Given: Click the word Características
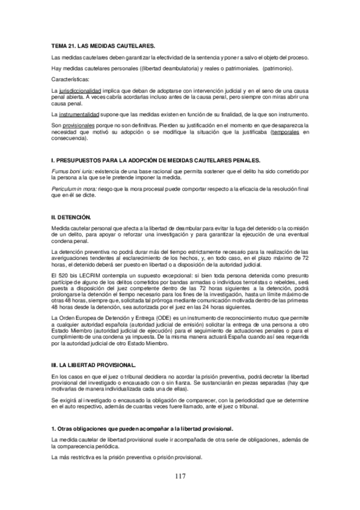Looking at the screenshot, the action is pos(72,79).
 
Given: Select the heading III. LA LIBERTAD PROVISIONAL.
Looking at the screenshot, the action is pos(94,365).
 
